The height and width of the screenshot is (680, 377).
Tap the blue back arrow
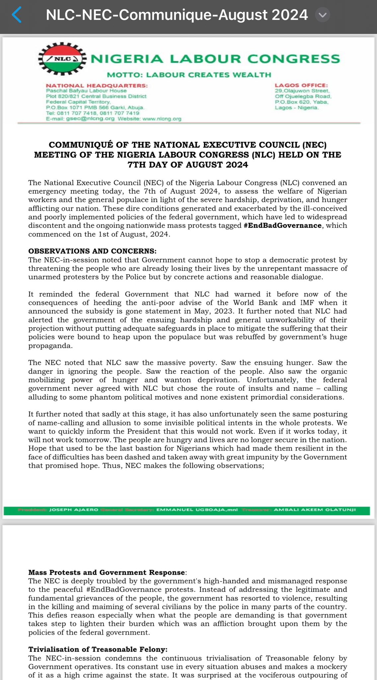[17, 15]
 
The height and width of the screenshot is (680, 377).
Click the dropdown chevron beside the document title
[322, 15]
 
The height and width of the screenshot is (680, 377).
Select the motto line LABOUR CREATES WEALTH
[189, 75]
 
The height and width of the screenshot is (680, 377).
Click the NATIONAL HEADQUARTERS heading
[97, 86]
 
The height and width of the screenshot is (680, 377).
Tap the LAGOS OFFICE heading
[301, 85]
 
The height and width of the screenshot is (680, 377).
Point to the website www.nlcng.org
[162, 119]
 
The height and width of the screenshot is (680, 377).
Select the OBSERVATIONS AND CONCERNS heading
[92, 251]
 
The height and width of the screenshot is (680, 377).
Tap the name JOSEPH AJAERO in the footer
[74, 510]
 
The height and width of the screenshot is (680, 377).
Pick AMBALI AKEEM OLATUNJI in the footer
[315, 510]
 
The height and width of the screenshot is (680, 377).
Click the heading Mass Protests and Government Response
[107, 572]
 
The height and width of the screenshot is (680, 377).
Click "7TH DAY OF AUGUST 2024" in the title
[188, 165]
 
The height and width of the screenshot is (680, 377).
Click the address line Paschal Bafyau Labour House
[86, 91]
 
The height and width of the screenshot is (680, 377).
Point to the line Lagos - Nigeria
[297, 108]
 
